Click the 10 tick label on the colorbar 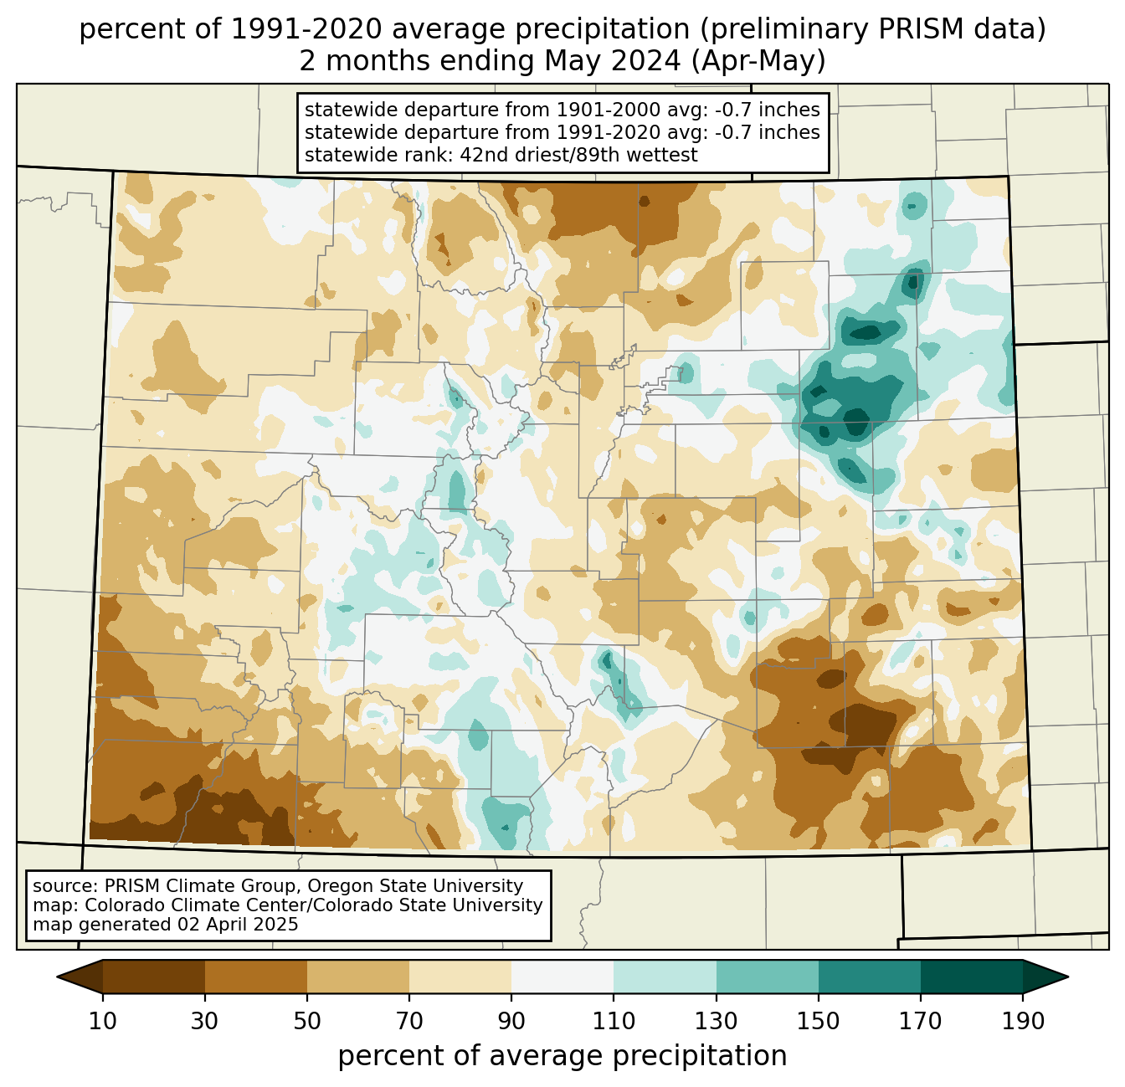pyautogui.click(x=102, y=1021)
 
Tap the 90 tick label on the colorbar pyautogui.click(x=511, y=1021)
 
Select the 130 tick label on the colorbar pyautogui.click(x=716, y=1021)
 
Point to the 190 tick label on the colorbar pyautogui.click(x=1023, y=1021)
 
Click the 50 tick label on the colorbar pyautogui.click(x=307, y=1021)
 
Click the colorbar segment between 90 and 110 pyautogui.click(x=562, y=977)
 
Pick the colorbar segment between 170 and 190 pyautogui.click(x=972, y=977)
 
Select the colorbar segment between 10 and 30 pyautogui.click(x=154, y=977)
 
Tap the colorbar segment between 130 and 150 pyautogui.click(x=767, y=977)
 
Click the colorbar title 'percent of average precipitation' pyautogui.click(x=562, y=1056)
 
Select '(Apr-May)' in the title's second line pyautogui.click(x=758, y=61)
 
